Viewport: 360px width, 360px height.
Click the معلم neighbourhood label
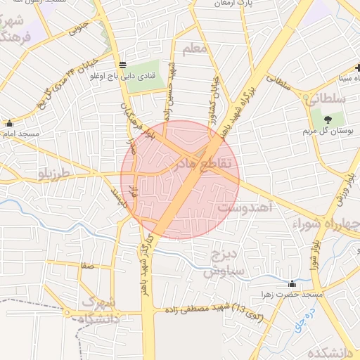(x=195, y=49)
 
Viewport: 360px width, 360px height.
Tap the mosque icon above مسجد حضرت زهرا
(x=292, y=283)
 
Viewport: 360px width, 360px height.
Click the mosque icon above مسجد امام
(x=9, y=122)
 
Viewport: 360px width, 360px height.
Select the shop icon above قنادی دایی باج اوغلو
(x=124, y=64)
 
